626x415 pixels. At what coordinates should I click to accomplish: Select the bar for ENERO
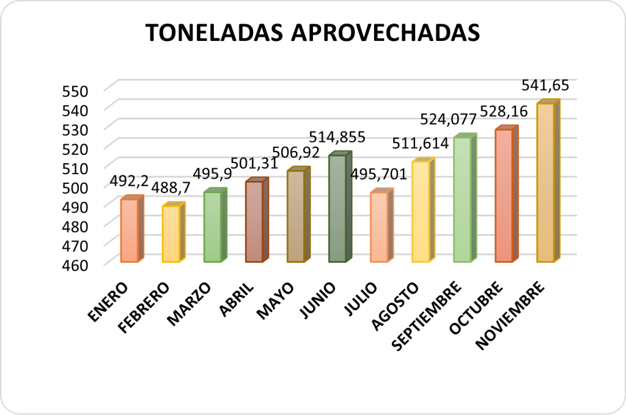pos(129,230)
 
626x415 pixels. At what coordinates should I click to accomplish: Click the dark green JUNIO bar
pos(337,208)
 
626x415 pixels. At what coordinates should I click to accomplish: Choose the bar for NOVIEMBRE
pos(545,183)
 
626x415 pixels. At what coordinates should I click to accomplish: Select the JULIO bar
pos(379,227)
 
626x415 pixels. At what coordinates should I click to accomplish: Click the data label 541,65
pos(545,84)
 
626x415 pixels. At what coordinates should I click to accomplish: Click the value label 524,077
pos(447,120)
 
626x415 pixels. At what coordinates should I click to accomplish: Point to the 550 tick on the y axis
pos(76,91)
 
